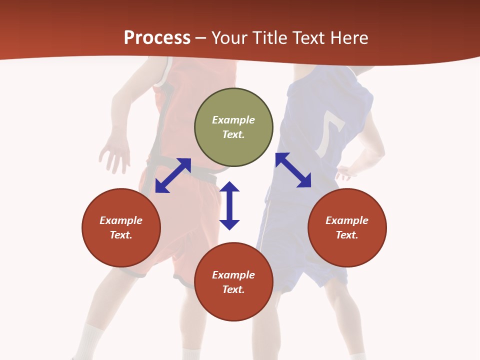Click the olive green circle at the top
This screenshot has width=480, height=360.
tap(233, 127)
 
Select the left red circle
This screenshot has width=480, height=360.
tap(121, 227)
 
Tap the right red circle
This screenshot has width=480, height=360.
tap(347, 227)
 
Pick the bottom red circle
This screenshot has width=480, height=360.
tap(233, 282)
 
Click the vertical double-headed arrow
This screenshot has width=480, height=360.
tap(229, 205)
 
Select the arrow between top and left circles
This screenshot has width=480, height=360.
tap(173, 175)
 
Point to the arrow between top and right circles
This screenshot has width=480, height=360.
tap(293, 170)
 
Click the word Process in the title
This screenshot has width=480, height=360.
tap(157, 37)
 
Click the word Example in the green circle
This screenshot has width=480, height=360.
tap(233, 120)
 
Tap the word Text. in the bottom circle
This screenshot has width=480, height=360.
tap(233, 289)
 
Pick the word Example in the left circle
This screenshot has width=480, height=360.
tap(121, 220)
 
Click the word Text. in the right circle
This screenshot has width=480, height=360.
tap(347, 235)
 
